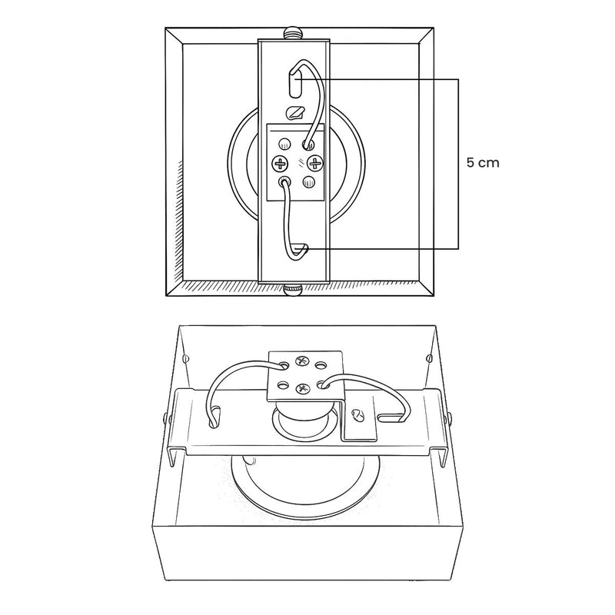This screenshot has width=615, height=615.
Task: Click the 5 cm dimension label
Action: tap(483, 162)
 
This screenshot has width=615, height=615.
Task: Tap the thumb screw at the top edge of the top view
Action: tap(293, 32)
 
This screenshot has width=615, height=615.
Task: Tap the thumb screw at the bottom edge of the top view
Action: tap(293, 290)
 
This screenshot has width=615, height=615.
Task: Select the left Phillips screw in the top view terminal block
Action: tap(280, 163)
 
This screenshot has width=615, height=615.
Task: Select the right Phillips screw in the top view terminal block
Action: tap(315, 163)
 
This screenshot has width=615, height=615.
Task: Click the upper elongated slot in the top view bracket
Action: tap(295, 82)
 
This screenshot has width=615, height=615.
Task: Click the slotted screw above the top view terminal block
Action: tap(295, 112)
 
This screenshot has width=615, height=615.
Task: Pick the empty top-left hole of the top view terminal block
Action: tap(285, 144)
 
